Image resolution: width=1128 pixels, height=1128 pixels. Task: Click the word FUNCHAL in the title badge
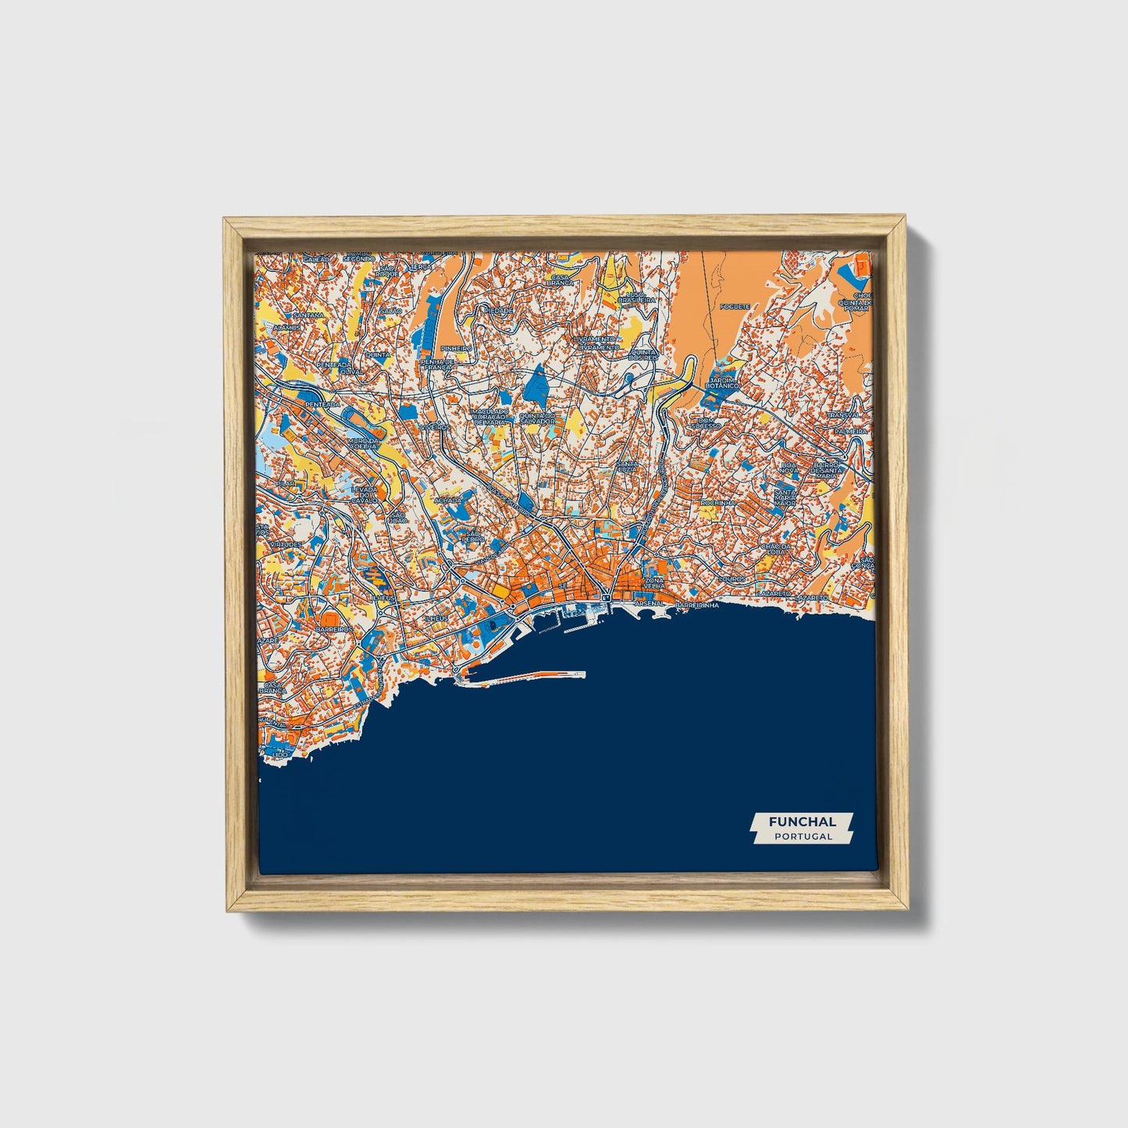(x=802, y=821)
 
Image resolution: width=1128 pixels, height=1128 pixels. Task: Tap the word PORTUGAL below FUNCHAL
(x=802, y=836)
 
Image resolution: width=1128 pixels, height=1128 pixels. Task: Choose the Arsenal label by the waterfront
(x=649, y=603)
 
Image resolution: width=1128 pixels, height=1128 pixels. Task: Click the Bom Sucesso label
(x=704, y=425)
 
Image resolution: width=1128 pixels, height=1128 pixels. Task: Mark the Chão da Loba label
(x=778, y=550)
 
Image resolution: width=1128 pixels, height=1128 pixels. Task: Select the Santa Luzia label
(x=627, y=467)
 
